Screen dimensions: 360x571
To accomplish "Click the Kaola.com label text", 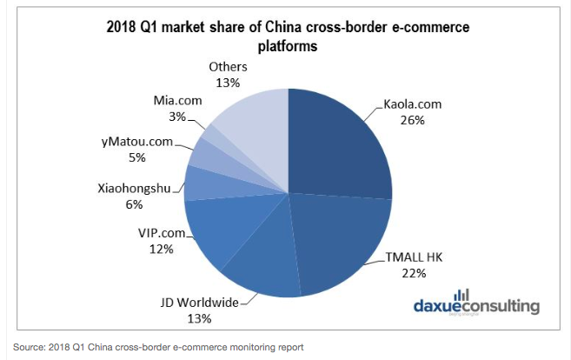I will [413, 103].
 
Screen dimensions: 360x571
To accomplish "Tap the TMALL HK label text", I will [413, 257].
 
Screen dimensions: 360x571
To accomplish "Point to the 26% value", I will [413, 120].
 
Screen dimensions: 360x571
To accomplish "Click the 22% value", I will [413, 273].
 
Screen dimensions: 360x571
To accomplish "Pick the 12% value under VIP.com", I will [161, 248].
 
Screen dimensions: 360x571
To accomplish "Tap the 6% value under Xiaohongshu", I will [161, 203].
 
